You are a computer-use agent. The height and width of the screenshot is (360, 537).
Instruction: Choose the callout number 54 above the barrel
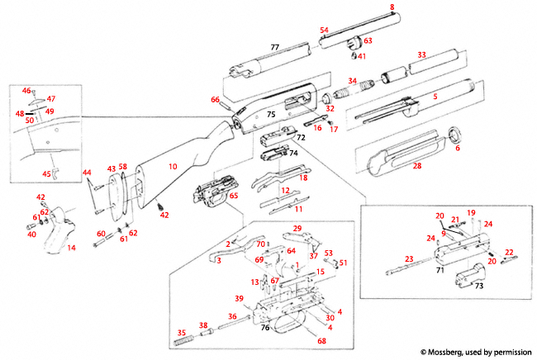[x=325, y=30]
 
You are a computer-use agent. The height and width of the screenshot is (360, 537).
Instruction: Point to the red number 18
[x=303, y=178]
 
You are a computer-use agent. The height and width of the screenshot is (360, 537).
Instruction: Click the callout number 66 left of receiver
[x=216, y=100]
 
